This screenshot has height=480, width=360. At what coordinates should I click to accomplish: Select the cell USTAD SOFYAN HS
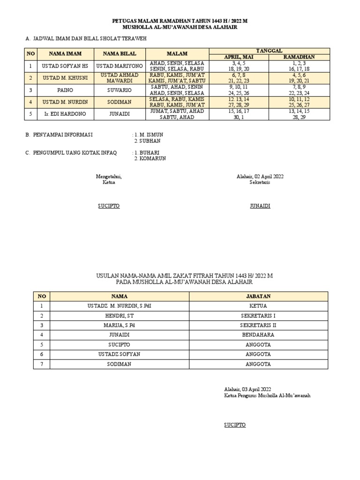point(65,66)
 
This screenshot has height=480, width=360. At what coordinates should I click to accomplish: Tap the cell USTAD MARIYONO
point(120,66)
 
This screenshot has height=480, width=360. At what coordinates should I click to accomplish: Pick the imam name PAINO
point(65,90)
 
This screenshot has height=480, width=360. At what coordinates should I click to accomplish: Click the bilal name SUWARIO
point(120,90)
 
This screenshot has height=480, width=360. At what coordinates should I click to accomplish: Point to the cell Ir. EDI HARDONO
point(65,114)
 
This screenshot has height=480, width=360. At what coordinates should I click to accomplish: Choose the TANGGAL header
point(269,51)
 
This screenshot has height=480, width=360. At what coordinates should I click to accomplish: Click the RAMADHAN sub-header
point(299,57)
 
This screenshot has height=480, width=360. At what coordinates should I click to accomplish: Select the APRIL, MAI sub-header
point(239,57)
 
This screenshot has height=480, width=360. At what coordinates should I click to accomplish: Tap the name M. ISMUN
point(150,135)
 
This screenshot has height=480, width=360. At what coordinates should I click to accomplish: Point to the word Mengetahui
point(109,176)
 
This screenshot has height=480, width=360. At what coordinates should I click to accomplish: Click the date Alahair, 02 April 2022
point(260,176)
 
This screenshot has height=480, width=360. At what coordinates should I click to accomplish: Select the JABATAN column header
point(258,296)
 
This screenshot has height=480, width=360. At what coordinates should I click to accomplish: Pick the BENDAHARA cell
point(258,335)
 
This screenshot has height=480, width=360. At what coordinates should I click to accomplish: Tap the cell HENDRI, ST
point(120,315)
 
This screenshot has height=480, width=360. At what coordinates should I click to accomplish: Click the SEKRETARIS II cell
point(258,325)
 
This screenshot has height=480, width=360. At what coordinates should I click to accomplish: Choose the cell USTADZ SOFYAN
point(120,354)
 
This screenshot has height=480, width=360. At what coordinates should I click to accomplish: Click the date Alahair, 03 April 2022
point(247,389)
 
